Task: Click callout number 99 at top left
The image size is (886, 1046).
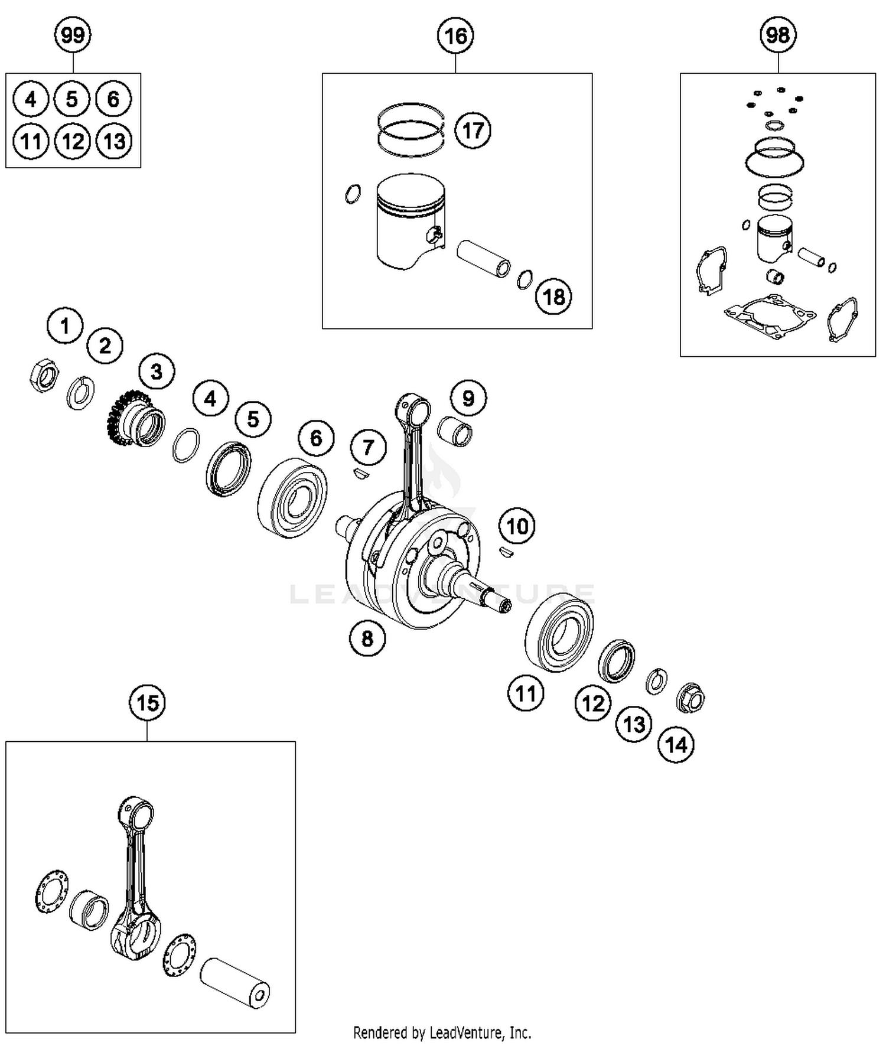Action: (x=73, y=35)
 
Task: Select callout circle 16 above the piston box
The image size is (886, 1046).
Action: (x=455, y=36)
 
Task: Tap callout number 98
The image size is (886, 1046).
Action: (x=777, y=35)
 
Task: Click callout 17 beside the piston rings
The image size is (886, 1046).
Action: (x=473, y=131)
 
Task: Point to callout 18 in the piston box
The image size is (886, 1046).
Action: (x=553, y=296)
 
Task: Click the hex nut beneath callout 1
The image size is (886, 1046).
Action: (x=44, y=375)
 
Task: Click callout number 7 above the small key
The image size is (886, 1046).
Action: (x=368, y=447)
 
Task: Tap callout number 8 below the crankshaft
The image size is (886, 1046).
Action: (x=367, y=638)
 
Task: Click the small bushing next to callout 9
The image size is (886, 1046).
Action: (x=455, y=431)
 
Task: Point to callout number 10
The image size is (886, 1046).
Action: (x=517, y=526)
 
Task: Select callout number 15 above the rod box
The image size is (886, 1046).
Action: (x=147, y=703)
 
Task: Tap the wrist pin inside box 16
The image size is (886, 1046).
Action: (x=484, y=258)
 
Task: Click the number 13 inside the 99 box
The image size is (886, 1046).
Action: (x=114, y=141)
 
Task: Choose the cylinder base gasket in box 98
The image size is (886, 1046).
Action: (x=768, y=319)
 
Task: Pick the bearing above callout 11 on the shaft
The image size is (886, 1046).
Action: (x=559, y=636)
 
